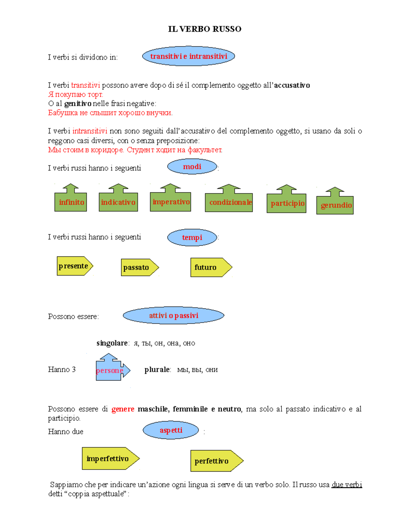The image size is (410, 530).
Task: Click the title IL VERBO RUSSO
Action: [205, 29]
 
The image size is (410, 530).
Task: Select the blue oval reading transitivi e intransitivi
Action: [189, 56]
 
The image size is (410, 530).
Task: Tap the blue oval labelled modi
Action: [192, 167]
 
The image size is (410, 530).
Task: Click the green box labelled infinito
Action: [71, 202]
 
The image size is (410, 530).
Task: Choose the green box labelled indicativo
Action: [118, 202]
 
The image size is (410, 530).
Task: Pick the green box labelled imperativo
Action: [170, 202]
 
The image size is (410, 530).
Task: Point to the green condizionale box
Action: [229, 202]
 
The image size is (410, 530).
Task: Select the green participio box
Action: [287, 203]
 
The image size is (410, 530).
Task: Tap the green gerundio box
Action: [335, 205]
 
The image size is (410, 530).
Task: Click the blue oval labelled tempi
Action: [192, 238]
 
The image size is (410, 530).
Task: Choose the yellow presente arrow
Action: [74, 266]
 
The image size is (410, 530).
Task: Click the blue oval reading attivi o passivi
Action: [174, 315]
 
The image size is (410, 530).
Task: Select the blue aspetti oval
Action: [171, 430]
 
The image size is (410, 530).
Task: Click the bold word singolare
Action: [112, 343]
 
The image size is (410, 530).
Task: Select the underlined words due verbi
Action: [347, 485]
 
